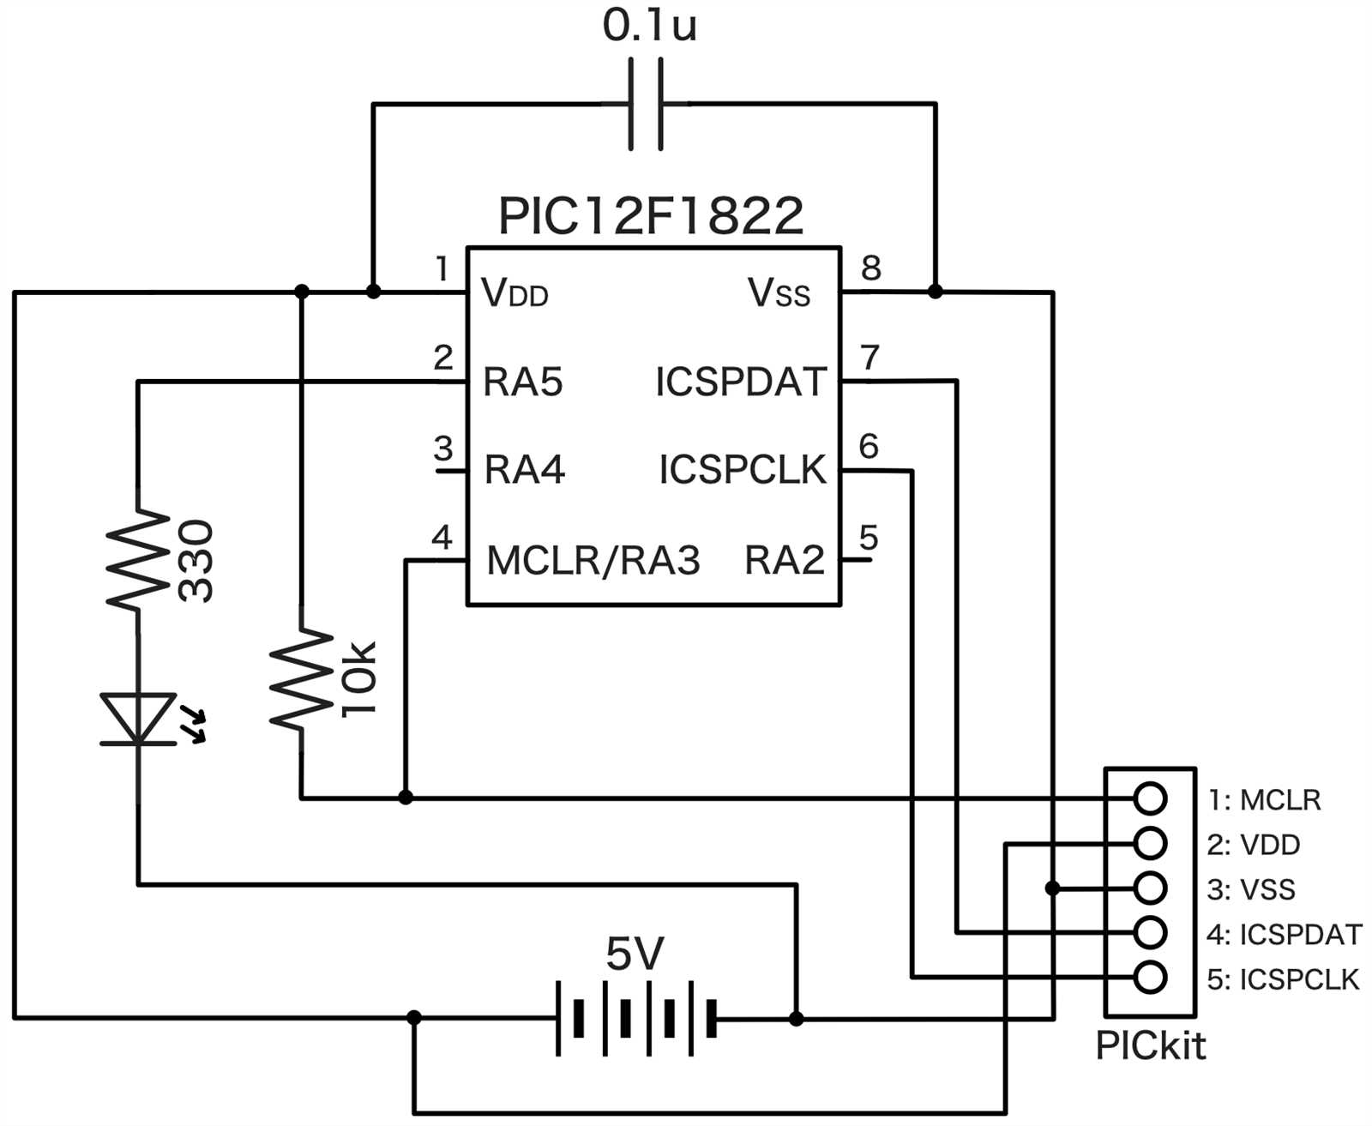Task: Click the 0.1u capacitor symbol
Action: tap(646, 105)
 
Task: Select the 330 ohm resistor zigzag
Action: tap(137, 560)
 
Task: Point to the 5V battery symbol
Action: tap(635, 1018)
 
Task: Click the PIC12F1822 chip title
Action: tap(651, 216)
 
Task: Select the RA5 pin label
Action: tap(522, 382)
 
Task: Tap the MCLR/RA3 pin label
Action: tap(593, 561)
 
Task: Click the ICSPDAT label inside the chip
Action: tap(741, 382)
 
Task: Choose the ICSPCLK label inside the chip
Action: tap(742, 470)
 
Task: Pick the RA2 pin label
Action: tap(784, 561)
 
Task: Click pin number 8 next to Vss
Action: tap(870, 268)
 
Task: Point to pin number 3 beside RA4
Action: tap(442, 448)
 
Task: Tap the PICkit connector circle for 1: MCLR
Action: tap(1149, 798)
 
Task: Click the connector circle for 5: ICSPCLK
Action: tap(1149, 977)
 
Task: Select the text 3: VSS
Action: tap(1250, 889)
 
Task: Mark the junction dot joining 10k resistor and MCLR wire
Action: tap(406, 798)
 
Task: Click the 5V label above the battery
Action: tap(635, 954)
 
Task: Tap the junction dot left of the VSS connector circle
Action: tap(1052, 888)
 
